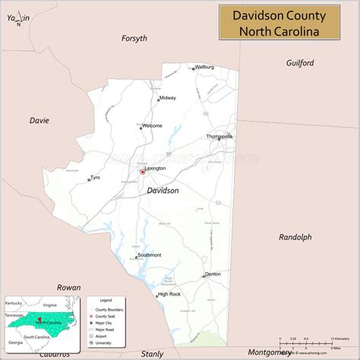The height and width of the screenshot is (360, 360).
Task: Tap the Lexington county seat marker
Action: click(x=142, y=172)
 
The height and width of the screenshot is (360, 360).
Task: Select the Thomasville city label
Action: click(x=219, y=136)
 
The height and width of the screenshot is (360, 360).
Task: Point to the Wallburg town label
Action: click(x=204, y=67)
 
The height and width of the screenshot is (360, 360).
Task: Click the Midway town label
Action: click(x=168, y=98)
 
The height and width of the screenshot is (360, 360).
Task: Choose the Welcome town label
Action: click(x=152, y=125)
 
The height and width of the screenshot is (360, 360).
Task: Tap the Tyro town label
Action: click(x=95, y=178)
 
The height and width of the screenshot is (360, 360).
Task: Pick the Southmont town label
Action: click(x=149, y=255)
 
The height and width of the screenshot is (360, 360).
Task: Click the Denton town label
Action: click(x=213, y=273)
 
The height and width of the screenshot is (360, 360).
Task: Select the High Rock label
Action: click(x=169, y=294)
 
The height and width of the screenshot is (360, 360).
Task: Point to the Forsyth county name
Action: click(x=134, y=38)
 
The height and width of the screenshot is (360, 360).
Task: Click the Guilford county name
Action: click(x=300, y=63)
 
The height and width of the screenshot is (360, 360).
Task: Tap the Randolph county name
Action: click(x=295, y=237)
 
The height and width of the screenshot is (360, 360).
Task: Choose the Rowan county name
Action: click(x=68, y=287)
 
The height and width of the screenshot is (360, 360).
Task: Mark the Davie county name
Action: click(x=39, y=120)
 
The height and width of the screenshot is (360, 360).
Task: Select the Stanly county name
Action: click(x=152, y=353)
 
